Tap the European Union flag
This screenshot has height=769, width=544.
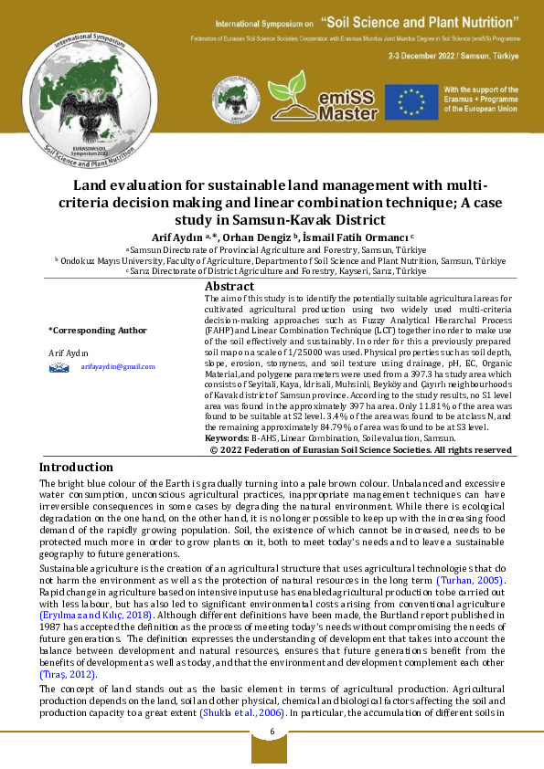(x=411, y=101)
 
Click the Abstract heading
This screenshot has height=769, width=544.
(x=229, y=286)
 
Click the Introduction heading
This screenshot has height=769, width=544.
(x=82, y=467)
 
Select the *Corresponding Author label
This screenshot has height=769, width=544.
(x=97, y=330)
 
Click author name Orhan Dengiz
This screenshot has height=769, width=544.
(x=258, y=237)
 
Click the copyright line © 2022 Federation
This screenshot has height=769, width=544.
(x=360, y=449)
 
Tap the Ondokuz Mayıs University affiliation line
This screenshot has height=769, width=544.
(x=280, y=260)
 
